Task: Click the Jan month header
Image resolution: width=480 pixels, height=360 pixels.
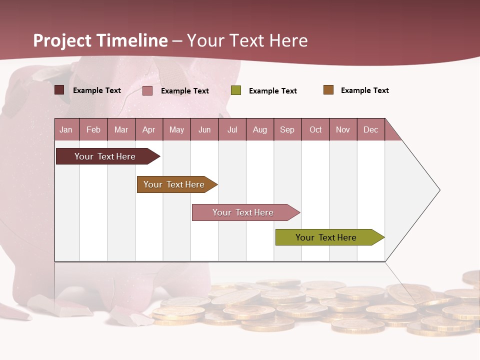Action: point(66,129)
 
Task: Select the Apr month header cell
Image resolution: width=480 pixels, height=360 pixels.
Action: point(149,129)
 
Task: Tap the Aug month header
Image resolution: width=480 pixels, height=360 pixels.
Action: point(260,129)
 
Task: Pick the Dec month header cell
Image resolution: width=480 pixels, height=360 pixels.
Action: point(371,129)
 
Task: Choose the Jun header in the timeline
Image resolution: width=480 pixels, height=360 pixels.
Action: point(204,129)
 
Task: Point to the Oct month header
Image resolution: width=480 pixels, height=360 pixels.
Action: point(315,129)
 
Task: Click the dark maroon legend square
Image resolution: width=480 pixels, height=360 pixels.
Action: point(59,90)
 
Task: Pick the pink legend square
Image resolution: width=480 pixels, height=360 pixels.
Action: point(147,90)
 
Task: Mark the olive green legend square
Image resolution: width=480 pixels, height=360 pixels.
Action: point(236,90)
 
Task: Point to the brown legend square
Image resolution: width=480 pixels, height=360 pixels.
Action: point(328,90)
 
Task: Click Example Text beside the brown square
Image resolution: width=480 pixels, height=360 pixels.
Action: point(364,90)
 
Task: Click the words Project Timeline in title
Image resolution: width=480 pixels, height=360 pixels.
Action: point(100,40)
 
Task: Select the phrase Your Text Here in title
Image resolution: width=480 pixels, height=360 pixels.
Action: point(247,40)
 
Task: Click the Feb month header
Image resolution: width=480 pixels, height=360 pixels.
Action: point(93,129)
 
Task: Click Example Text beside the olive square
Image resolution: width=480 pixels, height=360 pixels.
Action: point(272,91)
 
